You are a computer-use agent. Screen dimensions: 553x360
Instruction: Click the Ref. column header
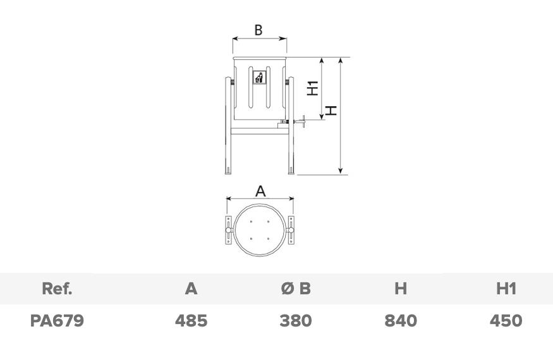click(57, 289)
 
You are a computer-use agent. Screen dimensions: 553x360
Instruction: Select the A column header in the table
click(191, 289)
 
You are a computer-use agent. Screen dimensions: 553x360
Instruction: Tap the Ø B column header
click(296, 289)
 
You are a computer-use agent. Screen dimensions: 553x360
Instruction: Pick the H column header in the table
click(401, 289)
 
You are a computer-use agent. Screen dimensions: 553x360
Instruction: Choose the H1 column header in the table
click(506, 289)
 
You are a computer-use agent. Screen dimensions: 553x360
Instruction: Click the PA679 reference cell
click(57, 321)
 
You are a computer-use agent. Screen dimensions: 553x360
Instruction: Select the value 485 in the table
click(191, 321)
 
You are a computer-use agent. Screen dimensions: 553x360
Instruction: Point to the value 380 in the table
click(296, 321)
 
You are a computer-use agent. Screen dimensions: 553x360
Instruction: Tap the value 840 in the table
click(401, 321)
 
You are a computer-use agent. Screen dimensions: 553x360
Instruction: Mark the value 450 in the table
click(506, 321)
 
